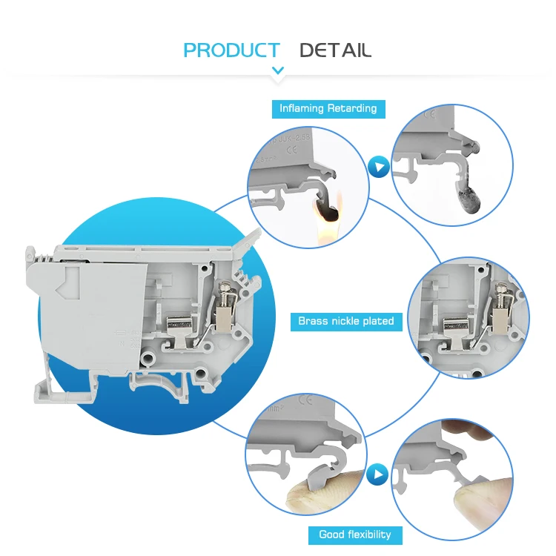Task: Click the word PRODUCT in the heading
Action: pos(231,50)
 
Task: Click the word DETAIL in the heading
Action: pos(335,50)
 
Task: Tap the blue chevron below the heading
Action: pos(278,71)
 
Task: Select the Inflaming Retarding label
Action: pos(328,108)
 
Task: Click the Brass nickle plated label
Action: pos(345,322)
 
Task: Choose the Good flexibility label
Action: pos(354,535)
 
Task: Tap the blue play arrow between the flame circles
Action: pos(379,167)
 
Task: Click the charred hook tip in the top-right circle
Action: pos(471,201)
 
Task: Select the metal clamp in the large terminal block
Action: pos(178,324)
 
